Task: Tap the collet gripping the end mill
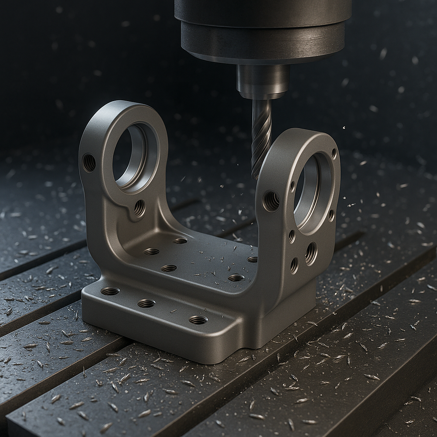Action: pos(262,81)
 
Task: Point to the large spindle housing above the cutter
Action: pos(262,30)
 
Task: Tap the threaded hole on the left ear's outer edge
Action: pos(89,163)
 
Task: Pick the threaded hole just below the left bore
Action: pos(140,208)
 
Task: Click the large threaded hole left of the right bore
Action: pos(271,201)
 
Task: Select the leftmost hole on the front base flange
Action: pos(110,291)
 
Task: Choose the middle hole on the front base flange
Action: pos(146,303)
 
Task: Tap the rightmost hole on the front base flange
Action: pos(198,320)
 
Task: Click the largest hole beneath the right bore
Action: pos(311,253)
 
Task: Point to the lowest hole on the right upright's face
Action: pos(294,265)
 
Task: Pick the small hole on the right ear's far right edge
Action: pos(331,215)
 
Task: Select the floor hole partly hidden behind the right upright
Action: pos(252,259)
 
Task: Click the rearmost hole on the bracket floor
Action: pos(180,241)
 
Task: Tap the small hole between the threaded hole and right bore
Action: pos(292,186)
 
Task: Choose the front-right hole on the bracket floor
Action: pos(236,278)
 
